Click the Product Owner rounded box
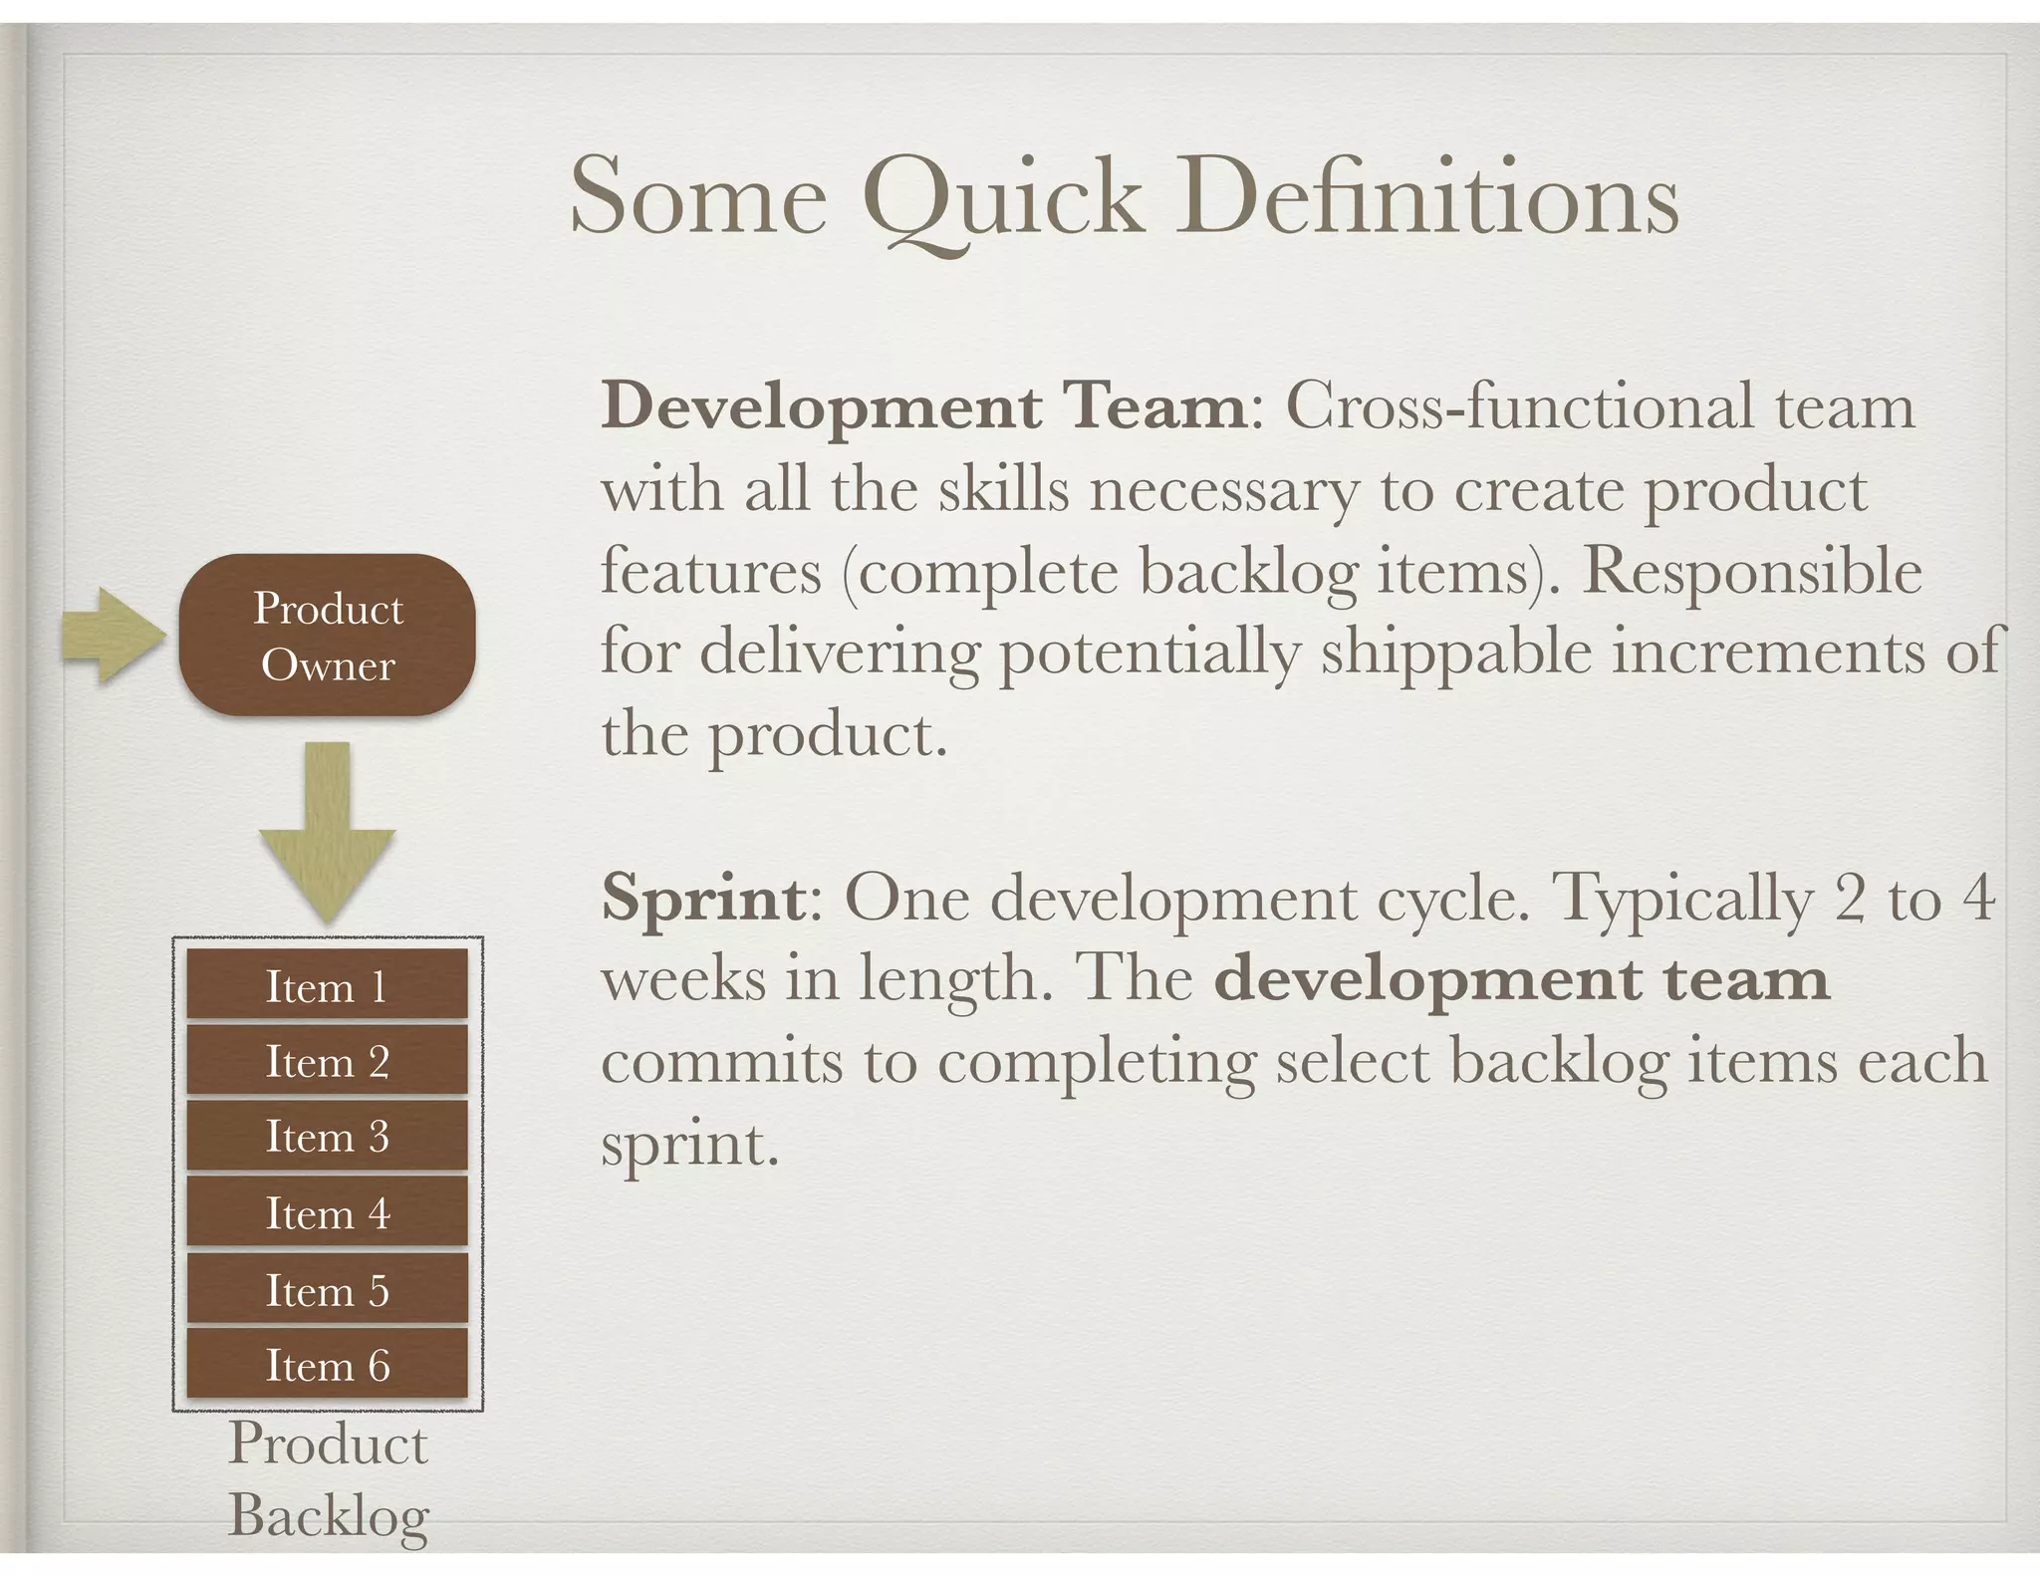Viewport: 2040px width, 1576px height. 327,636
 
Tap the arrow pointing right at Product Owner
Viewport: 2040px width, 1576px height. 113,636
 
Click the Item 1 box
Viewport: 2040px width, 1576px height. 327,985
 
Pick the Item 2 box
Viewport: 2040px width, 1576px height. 327,1061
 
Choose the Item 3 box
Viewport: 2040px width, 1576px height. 327,1136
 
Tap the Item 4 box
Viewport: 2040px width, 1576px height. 327,1212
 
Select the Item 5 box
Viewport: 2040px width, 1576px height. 327,1289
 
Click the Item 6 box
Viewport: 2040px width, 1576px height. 327,1364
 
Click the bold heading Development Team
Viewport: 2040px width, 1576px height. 923,407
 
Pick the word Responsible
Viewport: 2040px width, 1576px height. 1752,572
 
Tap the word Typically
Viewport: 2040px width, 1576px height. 1682,899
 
